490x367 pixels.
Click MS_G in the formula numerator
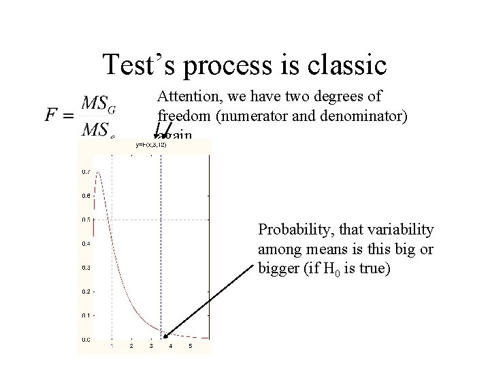click(98, 104)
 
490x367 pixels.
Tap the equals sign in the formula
click(69, 116)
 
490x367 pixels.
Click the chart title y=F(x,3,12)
click(150, 144)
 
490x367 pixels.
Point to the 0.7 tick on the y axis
click(85, 171)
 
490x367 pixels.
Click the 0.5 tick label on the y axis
click(85, 219)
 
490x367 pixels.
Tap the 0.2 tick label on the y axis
click(85, 291)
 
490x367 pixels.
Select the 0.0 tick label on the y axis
click(85, 339)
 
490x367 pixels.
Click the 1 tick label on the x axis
click(112, 346)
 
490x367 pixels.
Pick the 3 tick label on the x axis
click(151, 346)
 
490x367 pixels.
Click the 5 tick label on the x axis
click(190, 346)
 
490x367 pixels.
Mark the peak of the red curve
click(97, 173)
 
